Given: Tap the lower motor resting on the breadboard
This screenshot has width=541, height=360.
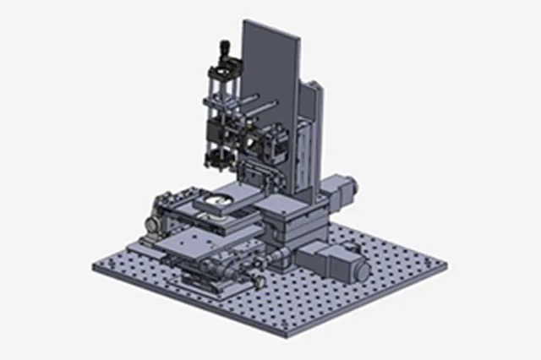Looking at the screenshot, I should pyautogui.click(x=338, y=258).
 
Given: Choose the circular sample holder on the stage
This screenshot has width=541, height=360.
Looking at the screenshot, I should pyautogui.click(x=218, y=200).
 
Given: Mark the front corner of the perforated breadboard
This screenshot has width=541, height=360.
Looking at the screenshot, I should pyautogui.click(x=287, y=335).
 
